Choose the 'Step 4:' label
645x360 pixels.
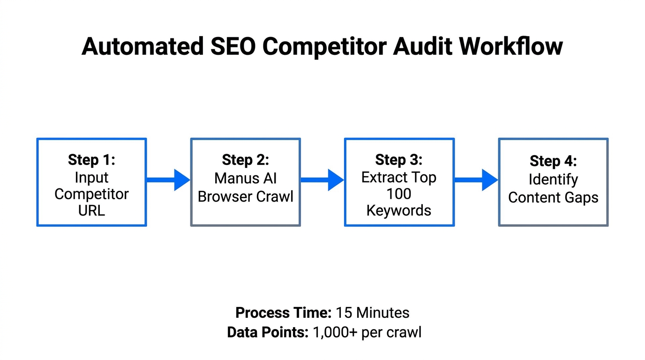pos(553,161)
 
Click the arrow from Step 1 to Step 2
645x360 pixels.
pos(168,180)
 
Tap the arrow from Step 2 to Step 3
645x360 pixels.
pos(322,180)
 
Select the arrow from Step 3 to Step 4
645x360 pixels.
pos(476,180)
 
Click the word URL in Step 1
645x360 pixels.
pos(91,210)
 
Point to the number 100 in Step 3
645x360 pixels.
pos(399,194)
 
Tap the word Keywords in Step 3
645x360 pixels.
pos(399,210)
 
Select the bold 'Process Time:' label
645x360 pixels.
pos(283,313)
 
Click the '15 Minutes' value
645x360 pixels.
pos(372,313)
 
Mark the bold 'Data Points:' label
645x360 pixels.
pos(267,332)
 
